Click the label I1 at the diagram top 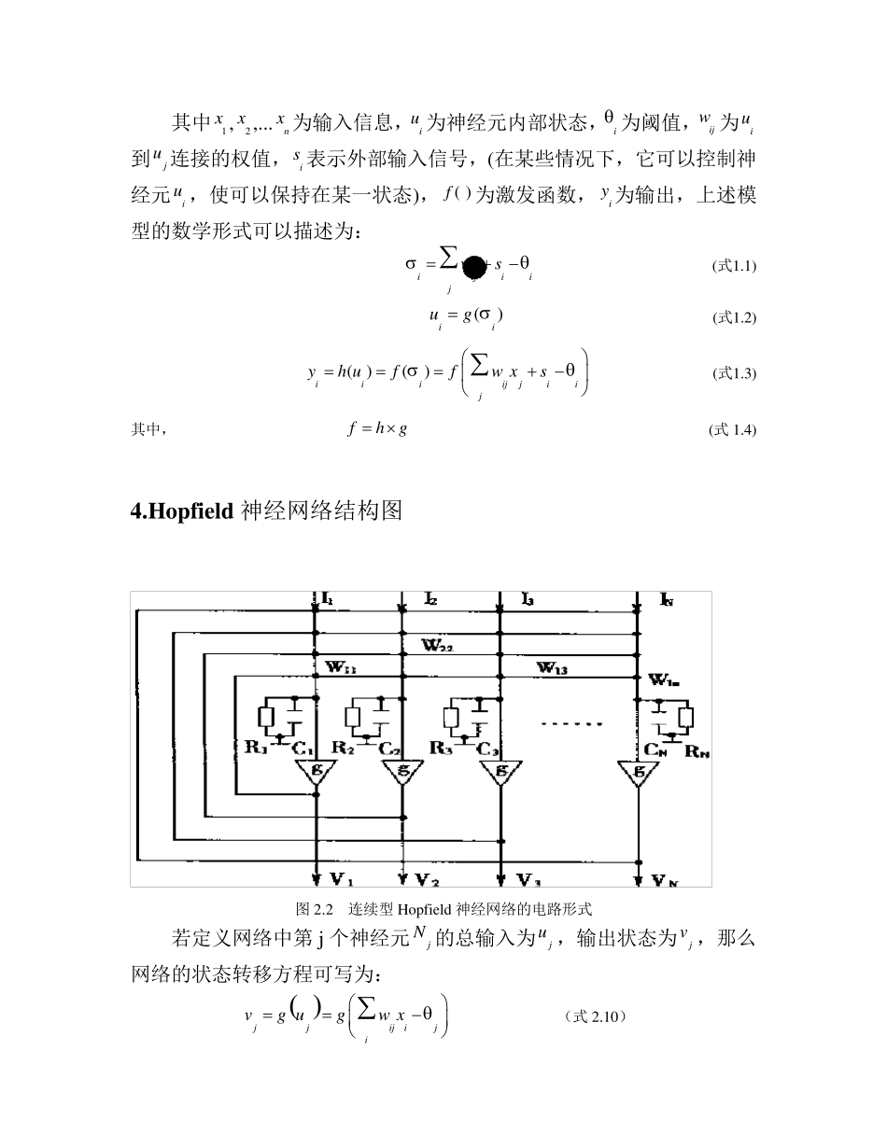click(x=328, y=597)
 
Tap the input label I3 click(x=528, y=598)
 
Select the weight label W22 click(x=437, y=644)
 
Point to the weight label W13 click(x=556, y=666)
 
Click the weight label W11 click(x=341, y=667)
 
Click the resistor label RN click(x=697, y=748)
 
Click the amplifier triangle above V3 click(x=501, y=772)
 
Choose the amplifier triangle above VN click(x=639, y=772)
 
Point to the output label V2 click(x=427, y=879)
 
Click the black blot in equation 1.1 click(x=474, y=267)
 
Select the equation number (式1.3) click(x=734, y=373)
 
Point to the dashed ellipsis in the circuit click(x=572, y=723)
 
